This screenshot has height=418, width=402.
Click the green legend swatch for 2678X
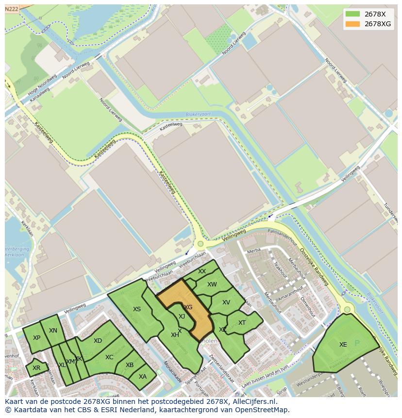point(353,14)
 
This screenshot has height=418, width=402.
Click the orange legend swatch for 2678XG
point(353,24)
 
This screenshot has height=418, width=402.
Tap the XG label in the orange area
point(188,307)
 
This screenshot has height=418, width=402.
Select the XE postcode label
point(343,345)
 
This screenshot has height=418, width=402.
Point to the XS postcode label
point(137,309)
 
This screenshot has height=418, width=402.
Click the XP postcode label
point(36,338)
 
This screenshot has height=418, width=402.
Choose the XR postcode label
point(36,368)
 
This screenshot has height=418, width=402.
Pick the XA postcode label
point(143,376)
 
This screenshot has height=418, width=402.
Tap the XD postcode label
point(98,341)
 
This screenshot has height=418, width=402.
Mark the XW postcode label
point(212,284)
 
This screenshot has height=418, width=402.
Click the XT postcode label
point(242,323)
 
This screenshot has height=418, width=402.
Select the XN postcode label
point(53,331)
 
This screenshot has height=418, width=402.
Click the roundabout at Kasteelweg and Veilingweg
point(200,244)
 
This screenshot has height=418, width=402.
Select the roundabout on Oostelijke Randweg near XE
point(347,309)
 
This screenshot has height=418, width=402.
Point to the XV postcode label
point(226,302)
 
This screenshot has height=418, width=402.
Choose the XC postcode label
point(109,357)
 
